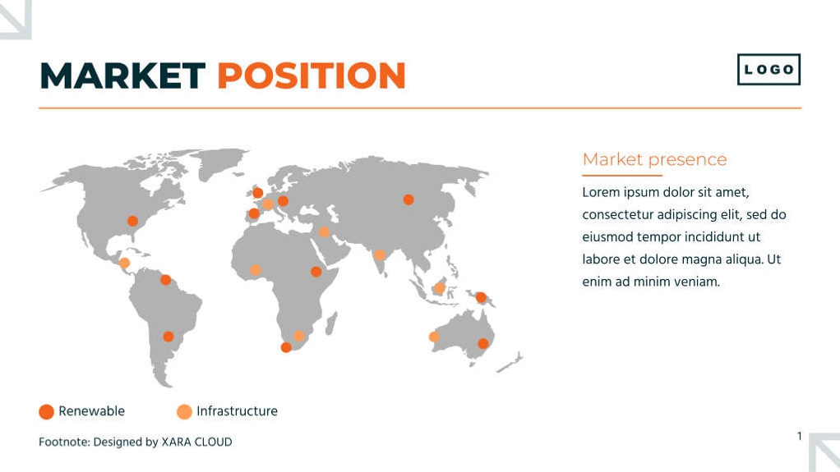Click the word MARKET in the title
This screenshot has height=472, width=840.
(122, 76)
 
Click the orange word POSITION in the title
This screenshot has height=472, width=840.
(312, 76)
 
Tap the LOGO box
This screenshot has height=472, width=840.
(768, 70)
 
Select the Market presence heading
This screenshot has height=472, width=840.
(654, 159)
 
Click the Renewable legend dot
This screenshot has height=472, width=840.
(47, 411)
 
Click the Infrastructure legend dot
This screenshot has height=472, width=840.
(184, 411)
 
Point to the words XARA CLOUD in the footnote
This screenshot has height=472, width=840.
(196, 442)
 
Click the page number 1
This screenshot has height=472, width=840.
(799, 436)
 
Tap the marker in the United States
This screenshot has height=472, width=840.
(132, 221)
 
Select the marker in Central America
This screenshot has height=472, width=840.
(124, 263)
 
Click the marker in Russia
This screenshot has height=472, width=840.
(408, 199)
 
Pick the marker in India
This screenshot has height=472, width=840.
(379, 254)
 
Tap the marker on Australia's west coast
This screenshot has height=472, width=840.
(434, 337)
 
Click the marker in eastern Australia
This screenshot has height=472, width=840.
(482, 344)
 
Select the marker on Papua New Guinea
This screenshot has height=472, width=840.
(481, 297)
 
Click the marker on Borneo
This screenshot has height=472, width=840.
(439, 288)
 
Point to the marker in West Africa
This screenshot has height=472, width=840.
(256, 270)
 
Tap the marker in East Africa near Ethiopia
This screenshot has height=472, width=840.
(316, 272)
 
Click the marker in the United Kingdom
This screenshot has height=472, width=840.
(258, 193)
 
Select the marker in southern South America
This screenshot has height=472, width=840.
(168, 337)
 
